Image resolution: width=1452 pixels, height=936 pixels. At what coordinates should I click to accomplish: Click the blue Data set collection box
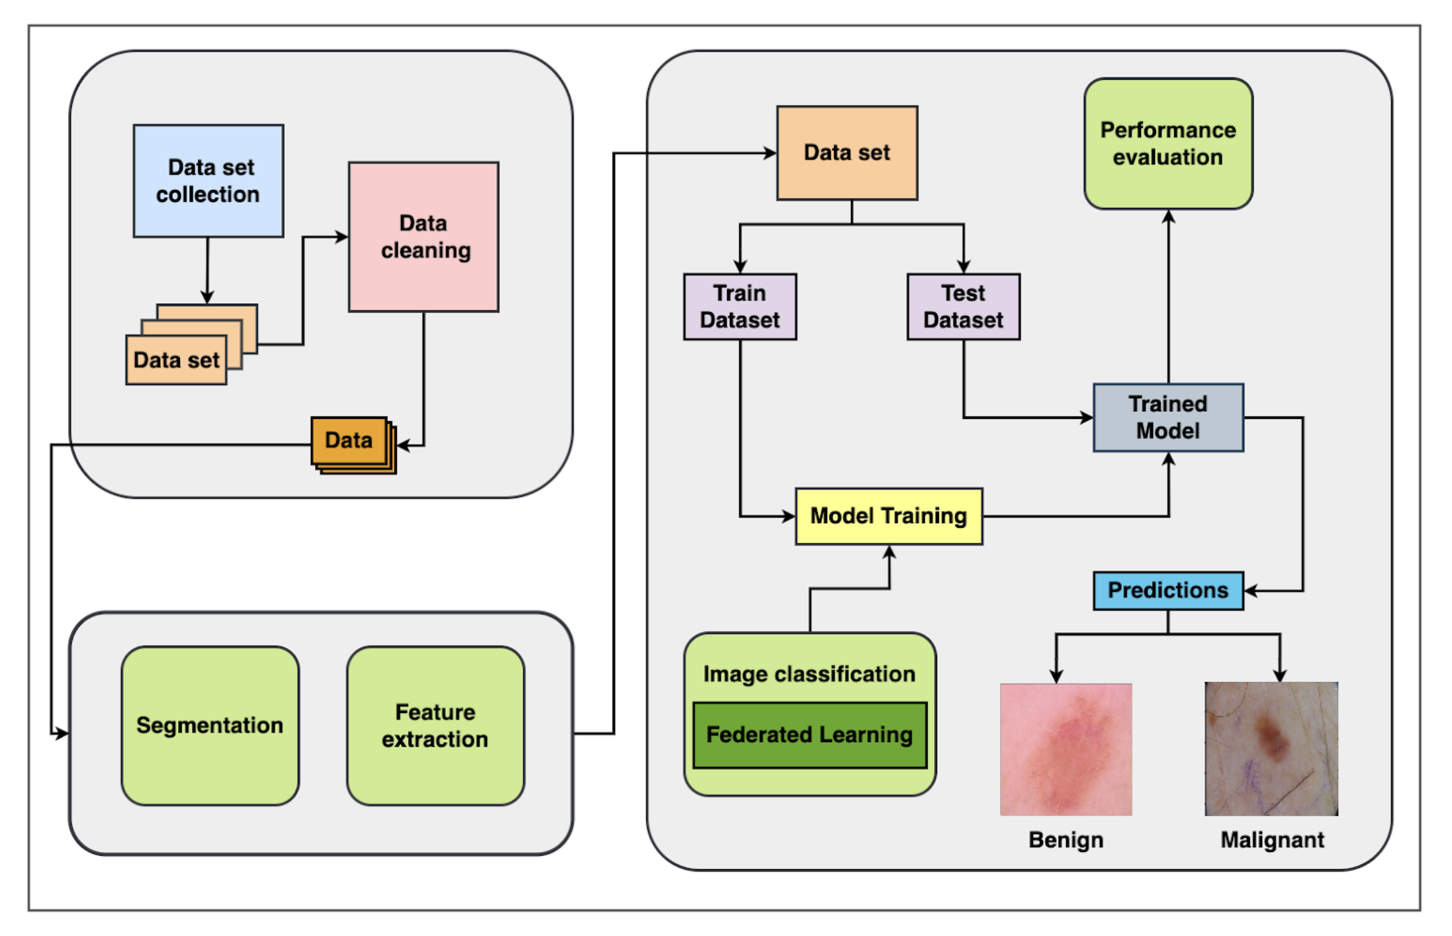(x=208, y=181)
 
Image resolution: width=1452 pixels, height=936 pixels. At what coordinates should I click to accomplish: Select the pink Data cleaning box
(x=424, y=236)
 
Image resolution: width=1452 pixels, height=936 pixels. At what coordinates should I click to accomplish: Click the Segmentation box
(x=210, y=725)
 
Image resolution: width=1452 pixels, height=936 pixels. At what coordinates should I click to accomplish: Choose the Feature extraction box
(x=435, y=725)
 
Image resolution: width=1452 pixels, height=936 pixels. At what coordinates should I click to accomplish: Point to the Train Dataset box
(x=740, y=306)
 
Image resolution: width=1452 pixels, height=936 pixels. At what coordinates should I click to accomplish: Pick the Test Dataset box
(x=963, y=306)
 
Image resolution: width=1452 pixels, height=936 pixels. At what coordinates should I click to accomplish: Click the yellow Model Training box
(x=889, y=516)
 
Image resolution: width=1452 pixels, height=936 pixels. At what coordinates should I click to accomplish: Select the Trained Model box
(x=1168, y=418)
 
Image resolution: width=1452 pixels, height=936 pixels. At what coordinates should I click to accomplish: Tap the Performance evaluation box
(x=1168, y=144)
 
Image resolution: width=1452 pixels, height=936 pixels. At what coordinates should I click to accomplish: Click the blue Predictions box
(x=1168, y=590)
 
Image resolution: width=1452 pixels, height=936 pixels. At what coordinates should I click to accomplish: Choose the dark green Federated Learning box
(x=809, y=735)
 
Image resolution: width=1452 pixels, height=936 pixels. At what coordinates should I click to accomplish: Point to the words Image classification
(x=809, y=674)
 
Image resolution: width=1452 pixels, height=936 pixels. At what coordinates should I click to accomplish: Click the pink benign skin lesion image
(x=1066, y=749)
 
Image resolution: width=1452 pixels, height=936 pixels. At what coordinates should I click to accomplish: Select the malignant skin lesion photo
(x=1271, y=749)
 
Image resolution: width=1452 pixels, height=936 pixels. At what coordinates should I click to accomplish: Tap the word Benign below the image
(x=1066, y=840)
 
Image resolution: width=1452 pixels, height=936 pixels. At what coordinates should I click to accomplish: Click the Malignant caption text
(x=1272, y=840)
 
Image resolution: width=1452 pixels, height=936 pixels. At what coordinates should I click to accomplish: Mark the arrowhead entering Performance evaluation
(x=1169, y=217)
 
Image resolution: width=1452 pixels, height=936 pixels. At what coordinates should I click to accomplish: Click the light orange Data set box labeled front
(x=176, y=360)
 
